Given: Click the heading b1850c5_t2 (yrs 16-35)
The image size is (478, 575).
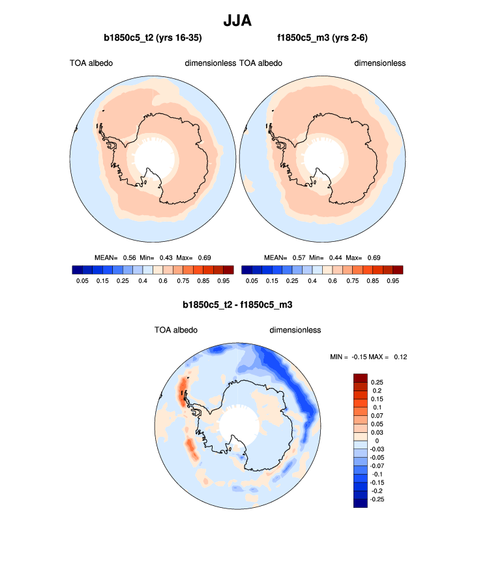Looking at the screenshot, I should (x=152, y=39).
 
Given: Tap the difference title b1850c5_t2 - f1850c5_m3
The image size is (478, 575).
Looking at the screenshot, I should (x=239, y=304).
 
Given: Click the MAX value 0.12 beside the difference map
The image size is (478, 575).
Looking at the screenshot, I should (x=400, y=357).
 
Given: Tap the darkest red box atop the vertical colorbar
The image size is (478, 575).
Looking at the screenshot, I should (x=361, y=377).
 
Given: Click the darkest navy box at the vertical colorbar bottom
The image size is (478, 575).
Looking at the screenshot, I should (x=361, y=502).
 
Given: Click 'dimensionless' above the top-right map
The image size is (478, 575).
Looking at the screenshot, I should (x=380, y=63).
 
